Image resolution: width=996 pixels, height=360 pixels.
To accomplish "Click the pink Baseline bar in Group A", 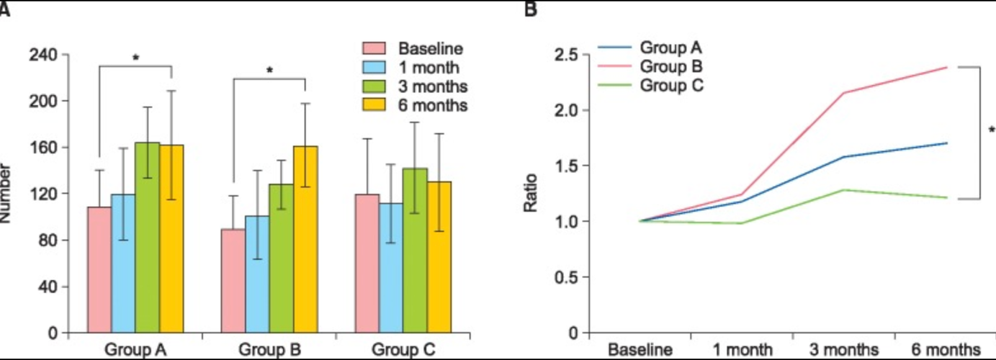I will (99, 270).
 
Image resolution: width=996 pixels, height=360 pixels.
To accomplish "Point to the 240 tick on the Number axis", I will (48, 55).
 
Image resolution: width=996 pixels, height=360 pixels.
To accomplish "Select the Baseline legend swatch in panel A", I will (374, 49).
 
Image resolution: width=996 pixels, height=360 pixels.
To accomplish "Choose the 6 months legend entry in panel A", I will (432, 105).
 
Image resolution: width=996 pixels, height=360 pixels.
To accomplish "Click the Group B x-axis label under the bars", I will (269, 350).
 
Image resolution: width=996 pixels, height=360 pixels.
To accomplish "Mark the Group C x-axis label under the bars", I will (403, 350).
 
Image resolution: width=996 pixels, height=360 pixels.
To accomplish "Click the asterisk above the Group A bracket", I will (135, 57).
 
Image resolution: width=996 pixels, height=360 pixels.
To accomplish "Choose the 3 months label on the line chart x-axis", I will (843, 350).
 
